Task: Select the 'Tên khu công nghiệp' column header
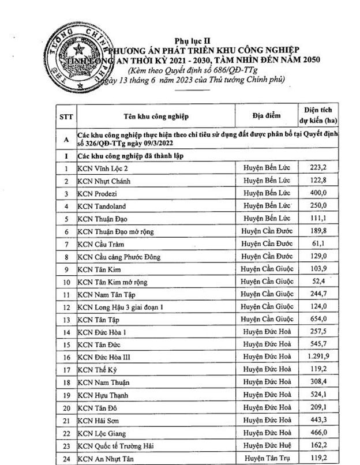click(153, 115)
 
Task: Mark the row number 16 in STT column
click(66, 357)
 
